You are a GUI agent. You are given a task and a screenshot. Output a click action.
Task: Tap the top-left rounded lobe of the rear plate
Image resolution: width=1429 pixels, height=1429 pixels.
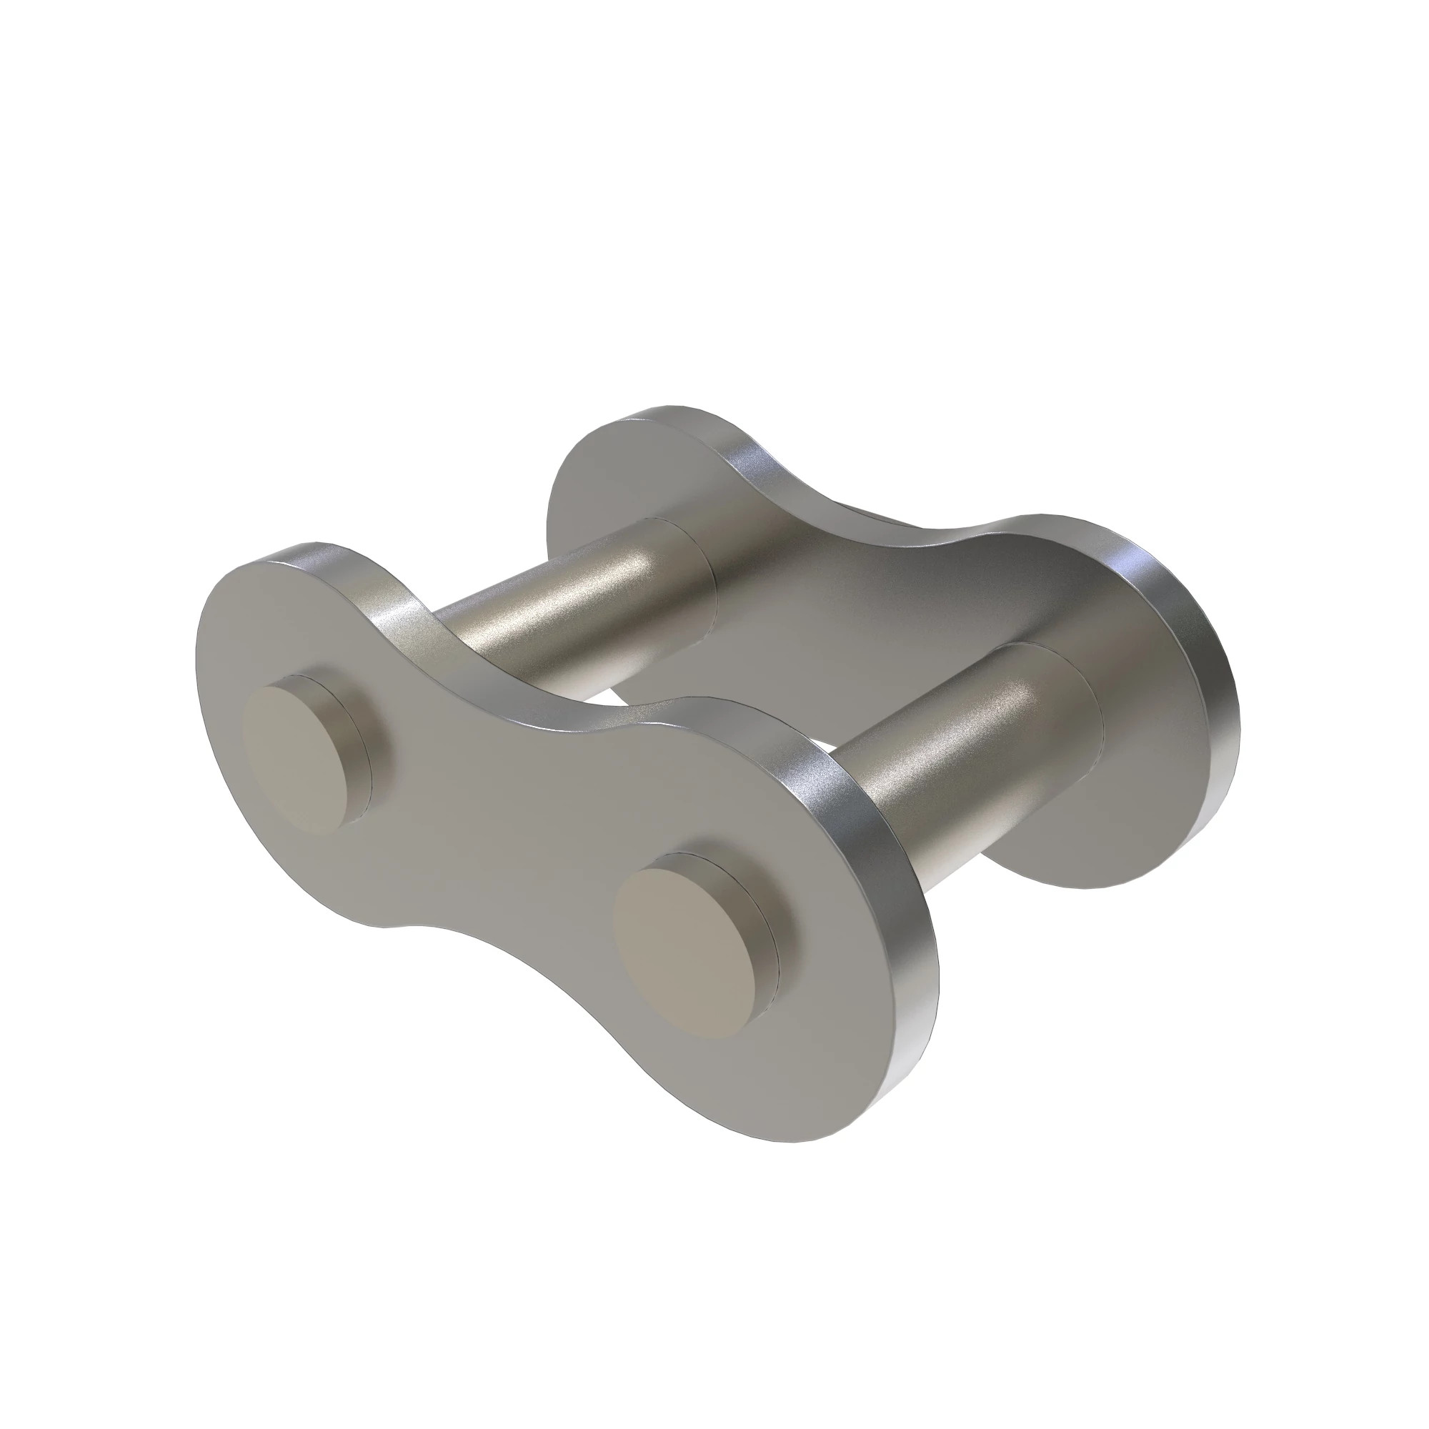click(614, 474)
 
